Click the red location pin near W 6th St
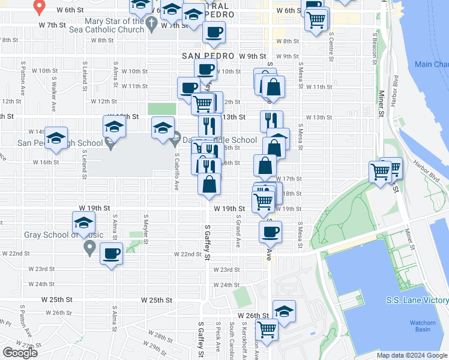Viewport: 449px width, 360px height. coord(40,7)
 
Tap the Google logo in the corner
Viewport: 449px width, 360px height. coord(20,353)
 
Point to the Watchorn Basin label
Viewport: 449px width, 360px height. coord(423,326)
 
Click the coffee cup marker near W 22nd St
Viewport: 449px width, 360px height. coord(111,253)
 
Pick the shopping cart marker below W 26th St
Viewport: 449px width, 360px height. coord(266,329)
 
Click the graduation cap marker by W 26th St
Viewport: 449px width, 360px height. coord(285,311)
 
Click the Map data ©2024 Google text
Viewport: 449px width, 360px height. coord(411,355)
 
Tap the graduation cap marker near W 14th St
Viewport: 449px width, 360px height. coord(56,138)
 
